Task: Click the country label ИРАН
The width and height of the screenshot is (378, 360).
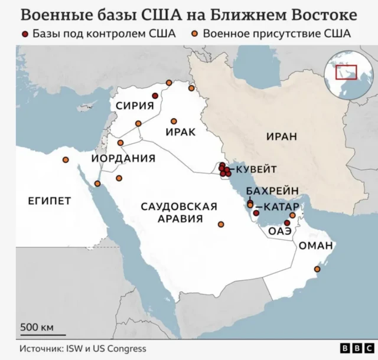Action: click(x=280, y=137)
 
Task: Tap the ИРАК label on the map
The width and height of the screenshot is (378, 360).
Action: click(x=180, y=132)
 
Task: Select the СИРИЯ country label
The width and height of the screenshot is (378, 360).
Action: click(x=134, y=106)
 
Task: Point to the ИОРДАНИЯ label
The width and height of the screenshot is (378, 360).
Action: click(x=123, y=158)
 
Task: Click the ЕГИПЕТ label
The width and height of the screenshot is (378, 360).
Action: click(x=50, y=201)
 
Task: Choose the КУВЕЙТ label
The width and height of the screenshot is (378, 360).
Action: click(x=256, y=169)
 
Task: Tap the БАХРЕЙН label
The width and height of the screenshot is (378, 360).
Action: click(x=269, y=192)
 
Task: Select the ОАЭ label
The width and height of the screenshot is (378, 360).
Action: click(x=280, y=232)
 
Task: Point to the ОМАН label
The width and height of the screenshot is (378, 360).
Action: click(x=315, y=246)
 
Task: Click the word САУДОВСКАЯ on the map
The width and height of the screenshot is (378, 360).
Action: click(x=179, y=207)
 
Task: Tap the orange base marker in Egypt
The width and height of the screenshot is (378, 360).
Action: click(x=66, y=160)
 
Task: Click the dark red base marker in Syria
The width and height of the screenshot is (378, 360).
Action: click(x=155, y=96)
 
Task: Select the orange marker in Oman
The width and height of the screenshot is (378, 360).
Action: click(x=317, y=269)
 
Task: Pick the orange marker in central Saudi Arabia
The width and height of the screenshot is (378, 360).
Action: click(x=221, y=224)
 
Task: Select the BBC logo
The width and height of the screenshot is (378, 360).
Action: click(x=355, y=348)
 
